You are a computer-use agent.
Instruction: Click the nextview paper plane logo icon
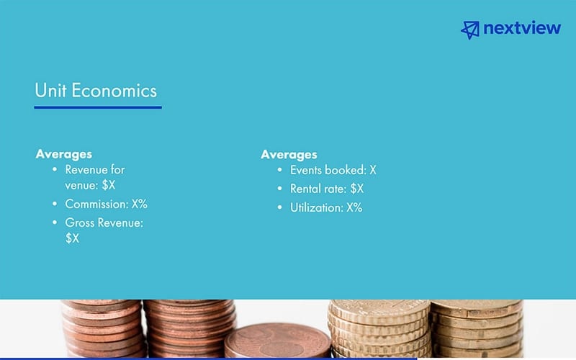point(470,29)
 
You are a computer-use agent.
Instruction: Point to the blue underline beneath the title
point(98,107)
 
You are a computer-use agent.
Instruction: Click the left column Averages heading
point(64,154)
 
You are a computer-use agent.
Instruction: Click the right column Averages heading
point(289,154)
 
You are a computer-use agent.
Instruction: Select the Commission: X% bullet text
point(106,204)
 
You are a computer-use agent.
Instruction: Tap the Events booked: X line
point(333,171)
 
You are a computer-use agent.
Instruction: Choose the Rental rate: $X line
point(326,189)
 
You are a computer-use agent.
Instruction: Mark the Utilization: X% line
point(325,207)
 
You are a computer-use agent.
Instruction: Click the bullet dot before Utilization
point(280,208)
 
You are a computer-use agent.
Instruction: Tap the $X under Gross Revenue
point(72,238)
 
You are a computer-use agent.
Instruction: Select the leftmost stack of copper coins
point(101,328)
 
